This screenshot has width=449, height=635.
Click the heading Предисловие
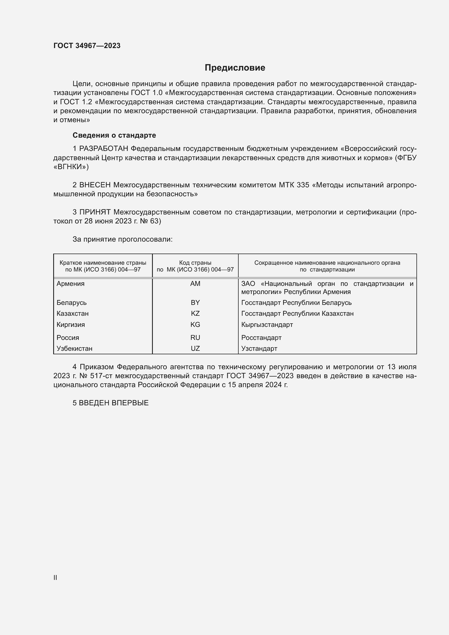tap(235, 68)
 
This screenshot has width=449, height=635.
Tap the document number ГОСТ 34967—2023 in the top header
tap(87, 46)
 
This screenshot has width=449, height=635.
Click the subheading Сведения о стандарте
tap(114, 135)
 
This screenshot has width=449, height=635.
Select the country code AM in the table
tap(195, 283)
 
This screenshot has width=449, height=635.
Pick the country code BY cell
tap(195, 302)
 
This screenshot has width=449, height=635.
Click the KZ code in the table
tap(195, 313)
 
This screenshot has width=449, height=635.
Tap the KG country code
tap(195, 324)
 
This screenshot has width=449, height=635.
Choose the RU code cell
tap(195, 337)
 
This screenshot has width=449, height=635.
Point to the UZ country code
tap(195, 349)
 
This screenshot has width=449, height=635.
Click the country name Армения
tap(71, 283)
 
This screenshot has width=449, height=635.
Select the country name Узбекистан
tap(74, 349)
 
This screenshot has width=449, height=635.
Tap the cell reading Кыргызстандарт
tap(267, 324)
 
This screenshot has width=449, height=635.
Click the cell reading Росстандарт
tap(261, 337)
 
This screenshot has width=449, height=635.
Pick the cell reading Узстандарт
tap(259, 349)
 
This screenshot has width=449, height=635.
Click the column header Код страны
tap(195, 263)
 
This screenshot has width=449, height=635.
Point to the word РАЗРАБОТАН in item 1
tap(104, 149)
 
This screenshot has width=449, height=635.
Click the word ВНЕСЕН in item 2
tap(95, 185)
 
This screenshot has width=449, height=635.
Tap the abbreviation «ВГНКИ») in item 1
tap(71, 167)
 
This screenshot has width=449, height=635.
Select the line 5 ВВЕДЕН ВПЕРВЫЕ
tap(110, 403)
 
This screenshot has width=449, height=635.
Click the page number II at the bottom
tap(55, 577)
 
